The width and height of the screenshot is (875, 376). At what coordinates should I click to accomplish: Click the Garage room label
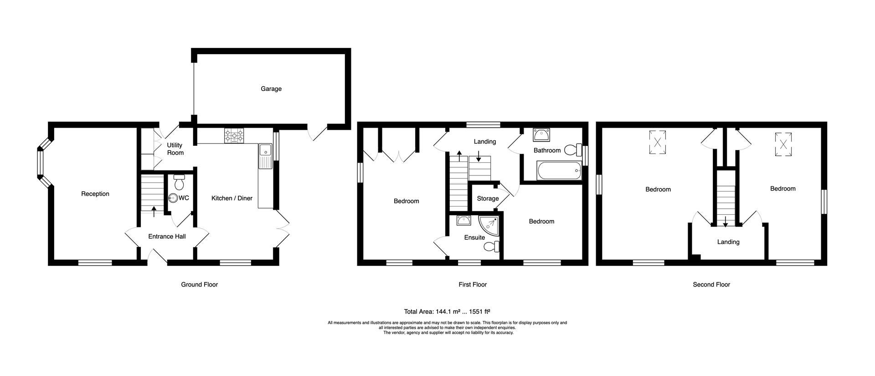click(271, 89)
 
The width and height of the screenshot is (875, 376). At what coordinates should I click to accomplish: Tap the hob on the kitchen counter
click(234, 135)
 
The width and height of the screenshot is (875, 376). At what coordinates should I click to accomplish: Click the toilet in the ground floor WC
click(179, 182)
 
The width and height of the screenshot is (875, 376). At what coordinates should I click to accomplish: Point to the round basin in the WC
click(173, 198)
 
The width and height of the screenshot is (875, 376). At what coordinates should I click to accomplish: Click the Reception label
click(95, 194)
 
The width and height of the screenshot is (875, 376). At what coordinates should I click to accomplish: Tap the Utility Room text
click(175, 149)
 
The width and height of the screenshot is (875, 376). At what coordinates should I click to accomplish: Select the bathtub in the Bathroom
click(559, 171)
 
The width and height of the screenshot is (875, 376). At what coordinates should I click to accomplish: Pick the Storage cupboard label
click(488, 199)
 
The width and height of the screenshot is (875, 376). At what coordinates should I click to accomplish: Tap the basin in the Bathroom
click(541, 135)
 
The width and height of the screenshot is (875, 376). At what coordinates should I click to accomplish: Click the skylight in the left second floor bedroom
click(657, 142)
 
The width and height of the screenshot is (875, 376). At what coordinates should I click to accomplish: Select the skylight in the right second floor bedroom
click(783, 144)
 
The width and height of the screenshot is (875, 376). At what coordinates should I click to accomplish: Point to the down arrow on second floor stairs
click(725, 222)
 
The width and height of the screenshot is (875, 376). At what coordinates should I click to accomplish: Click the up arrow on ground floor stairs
click(153, 211)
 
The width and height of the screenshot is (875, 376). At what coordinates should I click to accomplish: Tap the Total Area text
click(447, 312)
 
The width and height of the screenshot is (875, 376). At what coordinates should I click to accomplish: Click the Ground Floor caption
click(199, 284)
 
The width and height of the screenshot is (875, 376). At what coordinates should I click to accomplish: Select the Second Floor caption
click(711, 284)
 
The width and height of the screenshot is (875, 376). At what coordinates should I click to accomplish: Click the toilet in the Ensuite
click(491, 247)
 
